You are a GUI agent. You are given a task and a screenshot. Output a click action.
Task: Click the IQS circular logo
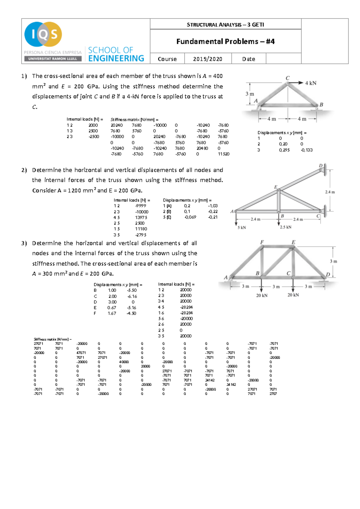(43, 34)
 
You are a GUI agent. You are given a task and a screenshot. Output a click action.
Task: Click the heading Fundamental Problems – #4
(225, 41)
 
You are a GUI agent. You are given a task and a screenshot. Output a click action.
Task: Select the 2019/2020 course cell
(208, 59)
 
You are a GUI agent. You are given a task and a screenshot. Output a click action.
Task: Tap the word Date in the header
(248, 59)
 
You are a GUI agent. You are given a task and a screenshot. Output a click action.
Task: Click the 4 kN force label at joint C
(310, 83)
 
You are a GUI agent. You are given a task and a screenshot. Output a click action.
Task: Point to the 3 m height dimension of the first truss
(250, 94)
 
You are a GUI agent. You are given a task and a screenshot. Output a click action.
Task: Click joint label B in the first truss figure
(321, 105)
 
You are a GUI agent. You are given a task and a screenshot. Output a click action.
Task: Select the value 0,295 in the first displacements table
(284, 150)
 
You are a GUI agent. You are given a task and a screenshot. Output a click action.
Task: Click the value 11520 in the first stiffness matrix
(223, 154)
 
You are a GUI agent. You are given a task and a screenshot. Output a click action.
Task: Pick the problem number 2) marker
(24, 170)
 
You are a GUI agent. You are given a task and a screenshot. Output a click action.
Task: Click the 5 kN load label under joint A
(242, 228)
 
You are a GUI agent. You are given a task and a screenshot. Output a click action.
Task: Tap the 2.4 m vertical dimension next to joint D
(330, 192)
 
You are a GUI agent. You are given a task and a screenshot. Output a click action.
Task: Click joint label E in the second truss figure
(276, 187)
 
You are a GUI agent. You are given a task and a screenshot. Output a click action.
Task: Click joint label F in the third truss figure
(262, 242)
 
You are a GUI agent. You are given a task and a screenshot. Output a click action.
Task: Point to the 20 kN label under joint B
(262, 295)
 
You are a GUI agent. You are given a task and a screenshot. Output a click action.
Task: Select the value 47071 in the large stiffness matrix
(81, 353)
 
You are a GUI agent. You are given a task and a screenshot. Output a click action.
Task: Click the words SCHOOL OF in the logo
(110, 50)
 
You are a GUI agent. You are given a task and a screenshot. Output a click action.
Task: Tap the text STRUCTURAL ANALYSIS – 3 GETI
(225, 25)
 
